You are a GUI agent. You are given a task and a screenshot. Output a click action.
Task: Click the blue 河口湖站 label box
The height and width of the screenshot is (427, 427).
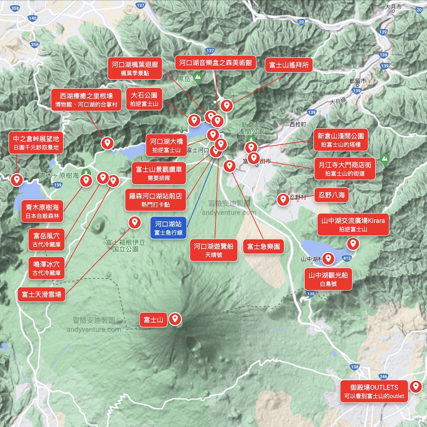(168, 228)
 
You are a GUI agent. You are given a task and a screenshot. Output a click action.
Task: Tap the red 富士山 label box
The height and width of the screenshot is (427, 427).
(153, 320)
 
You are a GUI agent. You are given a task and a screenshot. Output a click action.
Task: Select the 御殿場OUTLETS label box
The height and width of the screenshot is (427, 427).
(374, 391)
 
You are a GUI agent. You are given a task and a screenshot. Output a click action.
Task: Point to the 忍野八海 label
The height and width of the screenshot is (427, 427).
(332, 195)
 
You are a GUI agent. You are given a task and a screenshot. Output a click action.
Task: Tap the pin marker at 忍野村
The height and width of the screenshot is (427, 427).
(283, 199)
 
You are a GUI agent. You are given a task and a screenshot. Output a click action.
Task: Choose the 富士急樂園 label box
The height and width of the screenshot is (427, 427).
(263, 247)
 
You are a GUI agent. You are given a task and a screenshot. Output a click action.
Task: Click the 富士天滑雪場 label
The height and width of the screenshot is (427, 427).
(42, 294)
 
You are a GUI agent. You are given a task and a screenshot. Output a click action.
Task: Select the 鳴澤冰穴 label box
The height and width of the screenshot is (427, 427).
(47, 268)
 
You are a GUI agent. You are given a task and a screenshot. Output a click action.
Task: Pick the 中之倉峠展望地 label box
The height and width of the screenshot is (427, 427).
(36, 143)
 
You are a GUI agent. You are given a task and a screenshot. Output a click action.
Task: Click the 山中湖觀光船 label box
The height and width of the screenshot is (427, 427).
(328, 279)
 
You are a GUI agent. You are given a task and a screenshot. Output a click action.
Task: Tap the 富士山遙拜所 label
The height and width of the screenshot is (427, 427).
(289, 65)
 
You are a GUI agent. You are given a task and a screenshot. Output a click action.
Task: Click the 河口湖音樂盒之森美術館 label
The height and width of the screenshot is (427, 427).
(215, 63)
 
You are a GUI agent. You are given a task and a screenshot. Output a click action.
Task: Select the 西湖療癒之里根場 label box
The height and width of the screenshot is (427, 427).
(86, 100)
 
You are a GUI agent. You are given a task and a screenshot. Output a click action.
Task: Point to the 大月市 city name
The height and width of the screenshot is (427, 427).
(393, 7)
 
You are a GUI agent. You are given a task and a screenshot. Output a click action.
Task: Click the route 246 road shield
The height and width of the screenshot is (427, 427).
(383, 376)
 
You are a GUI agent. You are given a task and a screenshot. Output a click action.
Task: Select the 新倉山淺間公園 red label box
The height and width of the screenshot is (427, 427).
(341, 140)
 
